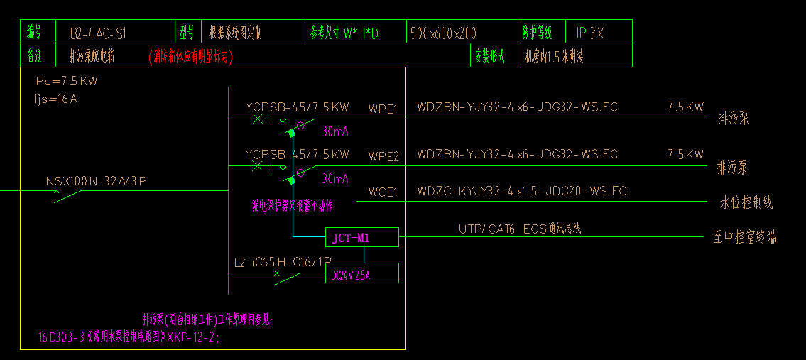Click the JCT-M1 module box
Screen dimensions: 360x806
coord(361,238)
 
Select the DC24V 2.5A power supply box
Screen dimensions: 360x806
coord(361,273)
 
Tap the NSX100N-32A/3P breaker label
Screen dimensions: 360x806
coord(96,181)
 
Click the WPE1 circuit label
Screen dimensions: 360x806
coord(383,109)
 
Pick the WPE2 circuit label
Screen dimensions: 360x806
coord(383,156)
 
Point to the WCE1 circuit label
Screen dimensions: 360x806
coord(383,192)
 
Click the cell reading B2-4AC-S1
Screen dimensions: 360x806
coord(98,33)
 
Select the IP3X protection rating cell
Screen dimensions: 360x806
coord(590,33)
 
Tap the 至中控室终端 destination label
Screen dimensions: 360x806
coord(745,237)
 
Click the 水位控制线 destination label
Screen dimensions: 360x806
coord(746,203)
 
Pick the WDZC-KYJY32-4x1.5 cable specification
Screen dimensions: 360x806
coord(522,191)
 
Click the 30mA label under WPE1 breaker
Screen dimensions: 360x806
coord(335,131)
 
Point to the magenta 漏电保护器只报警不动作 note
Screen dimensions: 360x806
coord(292,206)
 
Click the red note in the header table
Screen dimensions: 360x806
coord(190,55)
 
